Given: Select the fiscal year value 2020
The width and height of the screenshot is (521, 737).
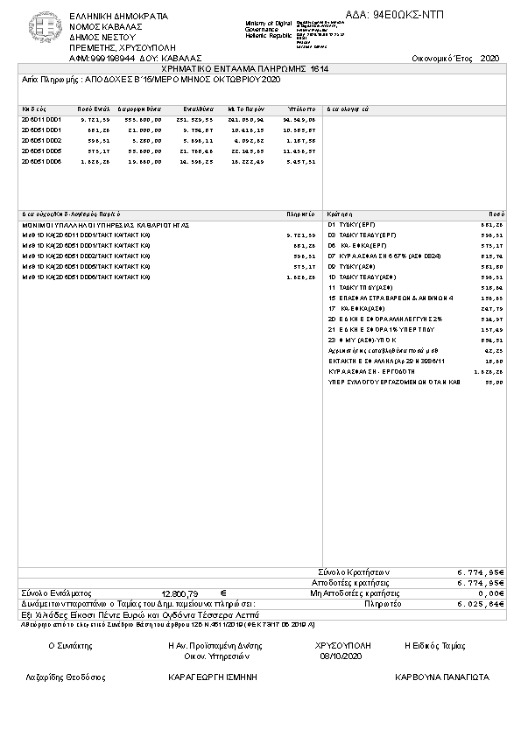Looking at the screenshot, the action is (489, 58).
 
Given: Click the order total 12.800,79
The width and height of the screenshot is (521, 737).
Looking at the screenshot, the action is (180, 593).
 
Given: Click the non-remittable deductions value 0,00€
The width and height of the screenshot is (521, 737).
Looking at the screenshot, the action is (487, 593).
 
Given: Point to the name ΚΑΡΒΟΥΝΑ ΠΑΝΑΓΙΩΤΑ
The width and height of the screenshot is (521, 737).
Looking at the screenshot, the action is (442, 677).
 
